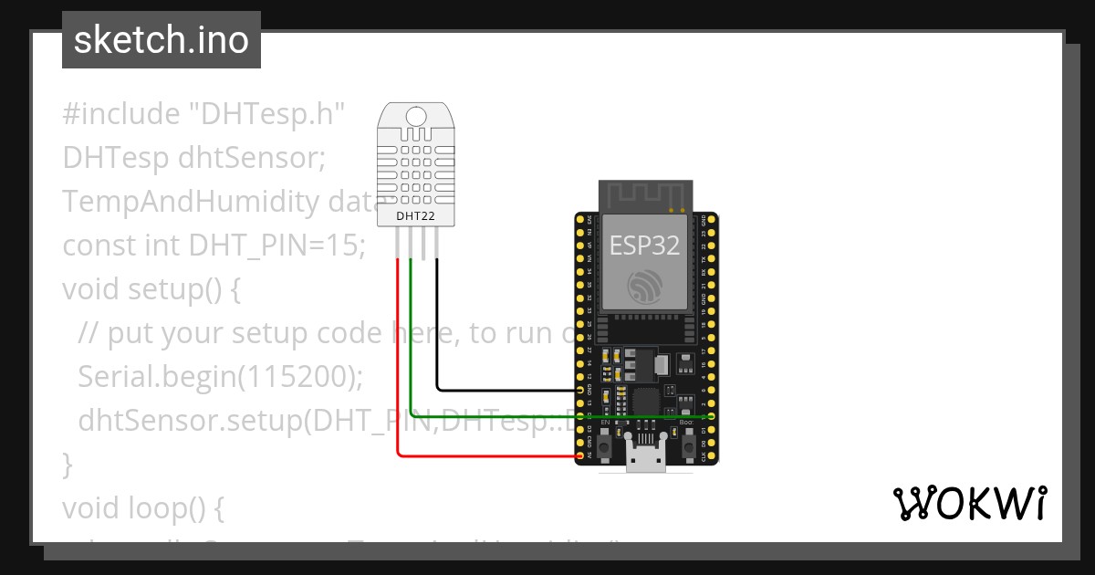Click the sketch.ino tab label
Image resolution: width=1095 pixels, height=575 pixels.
point(161,40)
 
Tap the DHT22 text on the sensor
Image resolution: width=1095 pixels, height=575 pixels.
point(415,216)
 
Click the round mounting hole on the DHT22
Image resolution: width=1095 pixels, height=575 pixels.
point(415,116)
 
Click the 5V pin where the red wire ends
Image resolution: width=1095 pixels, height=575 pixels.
point(580,455)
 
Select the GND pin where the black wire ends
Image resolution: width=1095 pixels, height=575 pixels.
point(580,389)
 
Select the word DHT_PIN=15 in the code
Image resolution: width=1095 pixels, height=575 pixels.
point(276,246)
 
